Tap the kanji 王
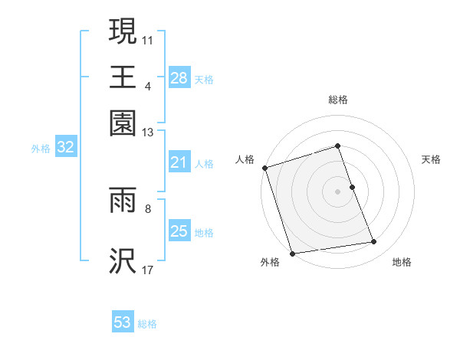[123, 77]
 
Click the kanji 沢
[123, 261]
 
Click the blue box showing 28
[179, 78]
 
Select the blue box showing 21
[179, 162]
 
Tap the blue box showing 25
[179, 232]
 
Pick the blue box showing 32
[65, 149]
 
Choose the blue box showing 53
[123, 322]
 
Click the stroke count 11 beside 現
[148, 39]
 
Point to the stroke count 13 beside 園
[148, 133]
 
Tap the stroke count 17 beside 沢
[148, 270]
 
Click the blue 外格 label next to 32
[41, 149]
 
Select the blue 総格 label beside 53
[147, 324]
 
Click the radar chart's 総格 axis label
[338, 100]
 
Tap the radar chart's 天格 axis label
[432, 159]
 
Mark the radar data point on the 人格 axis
[264, 168]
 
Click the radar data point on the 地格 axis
[374, 242]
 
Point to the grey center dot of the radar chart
[338, 191]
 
